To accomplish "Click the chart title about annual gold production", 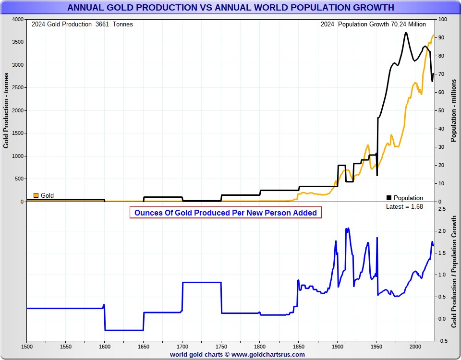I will pyautogui.click(x=230, y=8).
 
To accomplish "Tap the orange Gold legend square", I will pyautogui.click(x=36, y=195).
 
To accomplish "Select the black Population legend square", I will pyautogui.click(x=389, y=198).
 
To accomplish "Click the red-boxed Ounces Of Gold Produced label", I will pyautogui.click(x=225, y=213).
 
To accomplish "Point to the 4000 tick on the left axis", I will pyautogui.click(x=17, y=19).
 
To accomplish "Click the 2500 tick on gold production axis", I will pyautogui.click(x=17, y=88).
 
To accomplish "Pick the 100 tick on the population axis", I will pyautogui.click(x=442, y=19).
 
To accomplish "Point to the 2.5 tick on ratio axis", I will pyautogui.click(x=441, y=209).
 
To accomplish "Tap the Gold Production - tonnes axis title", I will pyautogui.click(x=6, y=110).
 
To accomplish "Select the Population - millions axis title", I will pyautogui.click(x=453, y=110).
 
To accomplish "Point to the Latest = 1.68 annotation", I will pyautogui.click(x=404, y=206).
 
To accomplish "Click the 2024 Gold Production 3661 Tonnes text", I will pyautogui.click(x=82, y=24).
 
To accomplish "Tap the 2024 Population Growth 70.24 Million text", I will pyautogui.click(x=373, y=24).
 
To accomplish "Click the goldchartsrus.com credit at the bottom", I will pyautogui.click(x=237, y=355).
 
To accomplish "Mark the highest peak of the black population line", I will pyautogui.click(x=406, y=33).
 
